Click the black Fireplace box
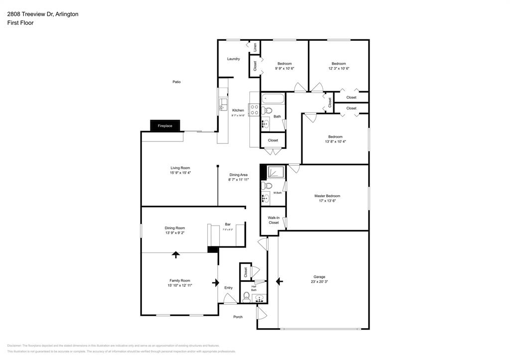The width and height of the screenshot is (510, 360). (165, 126)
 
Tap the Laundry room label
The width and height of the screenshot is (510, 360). (234, 59)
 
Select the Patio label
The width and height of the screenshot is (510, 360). (176, 82)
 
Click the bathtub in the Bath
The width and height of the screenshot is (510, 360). (272, 99)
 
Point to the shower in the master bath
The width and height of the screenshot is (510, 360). (276, 172)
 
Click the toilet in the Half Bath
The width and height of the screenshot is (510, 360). (247, 297)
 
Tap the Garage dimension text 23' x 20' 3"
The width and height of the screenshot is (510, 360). (319, 282)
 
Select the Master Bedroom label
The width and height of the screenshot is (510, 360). (327, 196)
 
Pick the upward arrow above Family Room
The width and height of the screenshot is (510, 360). (175, 255)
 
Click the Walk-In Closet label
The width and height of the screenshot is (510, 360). (273, 220)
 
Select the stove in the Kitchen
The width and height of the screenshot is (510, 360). (254, 110)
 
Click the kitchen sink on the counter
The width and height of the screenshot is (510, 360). (222, 105)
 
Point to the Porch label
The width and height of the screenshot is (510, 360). (238, 317)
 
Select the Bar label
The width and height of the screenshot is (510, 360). (228, 224)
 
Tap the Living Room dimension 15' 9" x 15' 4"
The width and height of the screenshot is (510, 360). (180, 173)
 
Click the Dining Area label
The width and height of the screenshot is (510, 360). (238, 175)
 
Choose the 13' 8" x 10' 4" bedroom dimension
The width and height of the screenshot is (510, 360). (335, 142)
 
